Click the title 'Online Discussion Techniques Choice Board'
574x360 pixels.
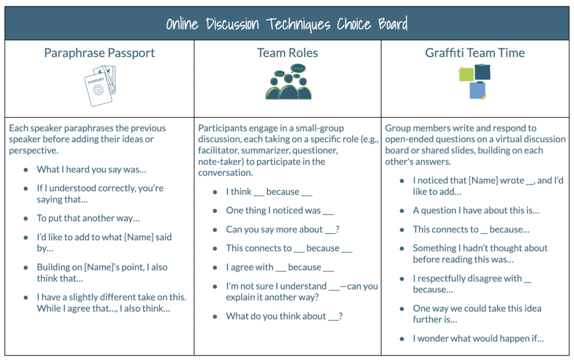(x=286, y=24)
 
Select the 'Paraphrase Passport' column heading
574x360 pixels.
(x=100, y=53)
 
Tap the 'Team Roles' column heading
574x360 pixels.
(x=288, y=53)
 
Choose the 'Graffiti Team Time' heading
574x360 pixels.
(x=475, y=53)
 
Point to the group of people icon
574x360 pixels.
(x=289, y=82)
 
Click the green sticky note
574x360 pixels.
(x=466, y=74)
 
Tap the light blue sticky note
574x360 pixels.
(x=478, y=90)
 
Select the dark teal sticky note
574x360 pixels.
(x=483, y=72)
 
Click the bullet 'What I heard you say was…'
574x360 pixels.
(x=91, y=169)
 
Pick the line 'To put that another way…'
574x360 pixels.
(x=88, y=218)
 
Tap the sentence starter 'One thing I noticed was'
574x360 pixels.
(x=280, y=211)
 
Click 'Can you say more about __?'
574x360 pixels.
(x=283, y=229)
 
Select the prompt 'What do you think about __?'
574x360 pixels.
(x=284, y=316)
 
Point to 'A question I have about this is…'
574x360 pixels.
(x=476, y=211)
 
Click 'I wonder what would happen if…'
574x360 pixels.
(x=479, y=339)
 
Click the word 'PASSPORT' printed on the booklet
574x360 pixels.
(x=95, y=80)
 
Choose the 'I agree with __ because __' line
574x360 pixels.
(x=280, y=267)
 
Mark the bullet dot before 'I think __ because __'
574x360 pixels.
(x=215, y=192)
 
